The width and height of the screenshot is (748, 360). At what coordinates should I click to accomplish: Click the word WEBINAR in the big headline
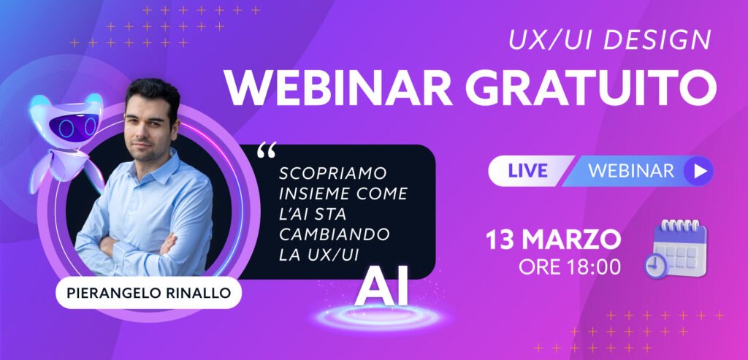[338, 89]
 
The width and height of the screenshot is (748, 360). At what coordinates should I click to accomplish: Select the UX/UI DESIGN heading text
[610, 40]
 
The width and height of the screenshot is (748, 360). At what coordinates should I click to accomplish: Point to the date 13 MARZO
[554, 240]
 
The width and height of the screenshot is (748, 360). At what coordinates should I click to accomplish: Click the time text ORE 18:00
[570, 267]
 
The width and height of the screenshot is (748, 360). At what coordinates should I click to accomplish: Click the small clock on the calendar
[657, 266]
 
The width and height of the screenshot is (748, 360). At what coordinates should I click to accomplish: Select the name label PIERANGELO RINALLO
[149, 293]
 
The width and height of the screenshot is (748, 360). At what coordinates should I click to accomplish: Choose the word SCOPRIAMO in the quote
[333, 174]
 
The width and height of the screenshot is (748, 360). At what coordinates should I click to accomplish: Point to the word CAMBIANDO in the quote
[335, 234]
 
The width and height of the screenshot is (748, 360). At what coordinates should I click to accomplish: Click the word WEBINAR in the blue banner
[631, 171]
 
